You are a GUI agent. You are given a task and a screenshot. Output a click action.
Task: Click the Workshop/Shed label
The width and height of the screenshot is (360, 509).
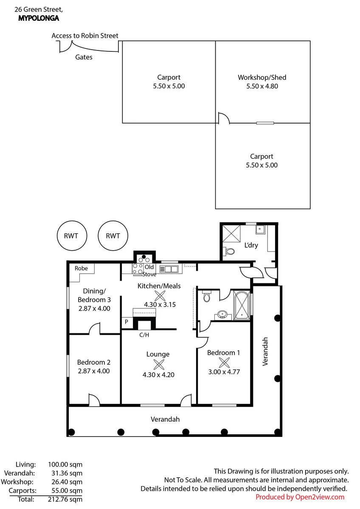(x=262, y=78)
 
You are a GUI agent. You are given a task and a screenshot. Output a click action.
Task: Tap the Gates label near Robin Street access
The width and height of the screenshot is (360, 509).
(x=84, y=57)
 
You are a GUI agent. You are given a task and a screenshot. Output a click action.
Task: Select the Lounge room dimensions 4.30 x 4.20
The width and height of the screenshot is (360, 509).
(x=158, y=375)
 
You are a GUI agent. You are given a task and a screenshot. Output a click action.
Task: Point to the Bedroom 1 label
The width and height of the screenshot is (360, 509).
(x=223, y=352)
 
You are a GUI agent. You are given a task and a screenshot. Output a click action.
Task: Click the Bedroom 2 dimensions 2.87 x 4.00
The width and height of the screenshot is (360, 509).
(x=94, y=371)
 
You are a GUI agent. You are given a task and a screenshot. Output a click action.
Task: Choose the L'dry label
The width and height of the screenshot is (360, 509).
(x=251, y=245)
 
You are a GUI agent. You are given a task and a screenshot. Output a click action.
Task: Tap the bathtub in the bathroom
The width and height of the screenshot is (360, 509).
(x=242, y=305)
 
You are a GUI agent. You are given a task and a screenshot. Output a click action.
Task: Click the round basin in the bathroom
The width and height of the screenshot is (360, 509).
(x=222, y=315)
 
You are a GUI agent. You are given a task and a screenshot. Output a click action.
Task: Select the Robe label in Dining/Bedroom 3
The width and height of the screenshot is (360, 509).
(x=81, y=268)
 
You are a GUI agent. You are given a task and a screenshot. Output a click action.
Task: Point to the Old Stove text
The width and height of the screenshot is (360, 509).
(x=149, y=271)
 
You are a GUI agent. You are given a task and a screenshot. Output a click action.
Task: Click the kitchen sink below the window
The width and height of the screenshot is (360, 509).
(x=169, y=269)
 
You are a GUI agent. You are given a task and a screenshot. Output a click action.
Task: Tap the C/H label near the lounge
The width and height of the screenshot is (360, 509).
(x=144, y=335)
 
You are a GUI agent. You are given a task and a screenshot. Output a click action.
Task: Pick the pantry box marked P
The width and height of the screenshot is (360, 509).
(x=127, y=323)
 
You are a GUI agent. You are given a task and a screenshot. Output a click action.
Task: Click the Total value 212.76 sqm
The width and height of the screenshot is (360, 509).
(x=65, y=499)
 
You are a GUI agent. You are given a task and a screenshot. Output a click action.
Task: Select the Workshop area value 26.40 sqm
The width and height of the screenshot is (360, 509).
(x=67, y=482)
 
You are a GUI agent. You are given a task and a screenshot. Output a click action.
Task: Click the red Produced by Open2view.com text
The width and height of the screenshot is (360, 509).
(x=300, y=497)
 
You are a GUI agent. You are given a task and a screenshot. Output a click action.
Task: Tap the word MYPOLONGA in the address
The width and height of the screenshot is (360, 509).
(x=39, y=18)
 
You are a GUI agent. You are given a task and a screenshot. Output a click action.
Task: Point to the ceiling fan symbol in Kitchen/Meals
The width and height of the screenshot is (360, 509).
(x=160, y=296)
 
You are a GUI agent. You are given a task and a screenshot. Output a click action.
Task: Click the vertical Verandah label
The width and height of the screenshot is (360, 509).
(x=265, y=351)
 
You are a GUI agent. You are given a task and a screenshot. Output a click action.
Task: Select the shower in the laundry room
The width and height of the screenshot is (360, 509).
(x=231, y=234)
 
